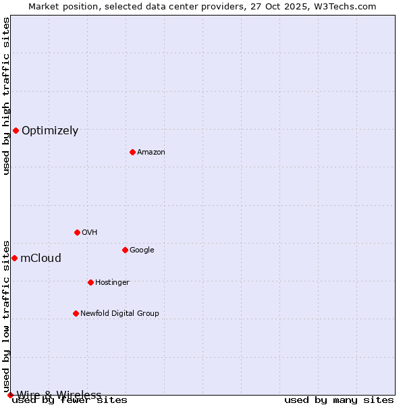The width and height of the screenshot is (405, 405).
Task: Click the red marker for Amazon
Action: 132,152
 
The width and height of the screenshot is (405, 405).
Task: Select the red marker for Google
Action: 125,250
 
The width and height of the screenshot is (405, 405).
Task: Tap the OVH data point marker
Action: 77,232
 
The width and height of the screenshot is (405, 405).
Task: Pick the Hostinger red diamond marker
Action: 90,282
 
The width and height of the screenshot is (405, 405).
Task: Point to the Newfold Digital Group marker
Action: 76,313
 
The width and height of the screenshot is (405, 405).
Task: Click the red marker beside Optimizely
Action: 16,130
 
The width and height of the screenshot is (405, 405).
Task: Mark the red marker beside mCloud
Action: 14,258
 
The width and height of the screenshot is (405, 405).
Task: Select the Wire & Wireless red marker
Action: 10,395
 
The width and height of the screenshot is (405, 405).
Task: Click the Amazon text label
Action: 151,153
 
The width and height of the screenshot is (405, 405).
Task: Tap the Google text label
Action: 142,250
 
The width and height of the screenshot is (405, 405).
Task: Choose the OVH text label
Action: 90,233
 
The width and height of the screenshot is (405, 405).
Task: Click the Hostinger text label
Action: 112,283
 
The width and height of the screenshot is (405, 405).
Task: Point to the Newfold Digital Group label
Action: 119,314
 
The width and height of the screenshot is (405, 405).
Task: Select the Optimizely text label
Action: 50,131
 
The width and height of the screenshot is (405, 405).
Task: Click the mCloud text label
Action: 41,259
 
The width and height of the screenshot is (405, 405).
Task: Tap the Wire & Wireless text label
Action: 59,395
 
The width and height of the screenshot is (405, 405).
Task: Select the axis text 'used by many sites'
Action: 339,400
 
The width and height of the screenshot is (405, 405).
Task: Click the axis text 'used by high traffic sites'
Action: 6,96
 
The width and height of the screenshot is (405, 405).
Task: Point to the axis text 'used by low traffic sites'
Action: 6,316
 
